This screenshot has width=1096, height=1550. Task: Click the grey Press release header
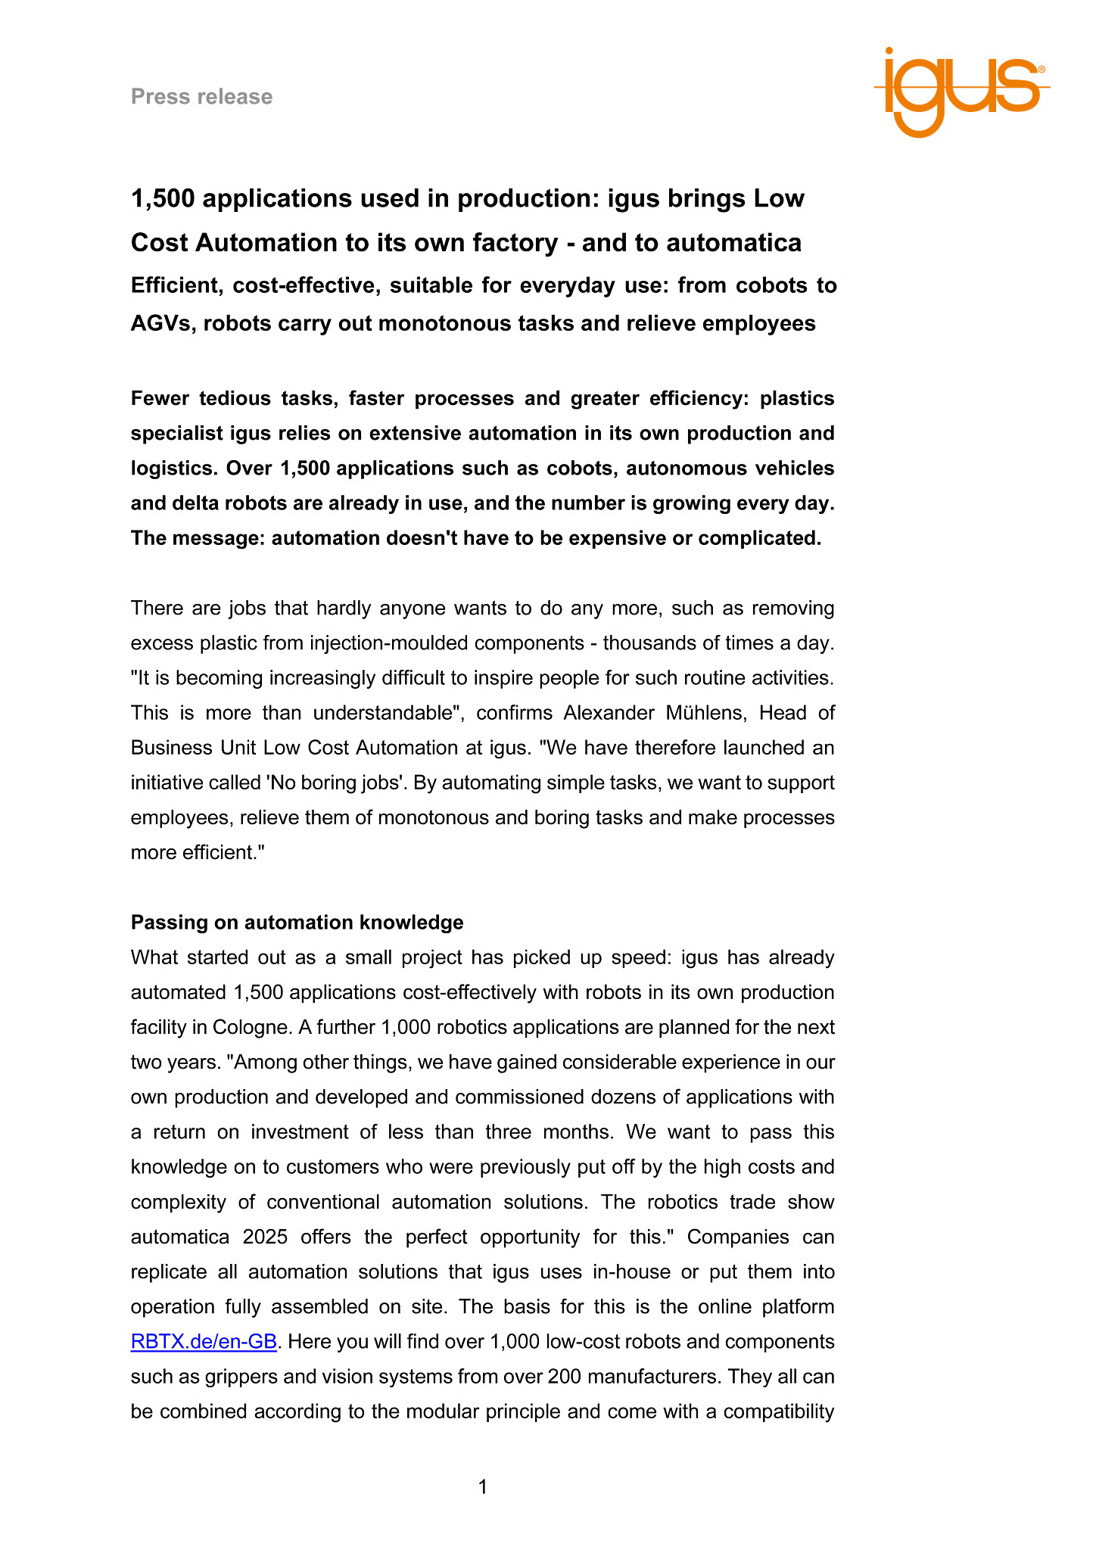pyautogui.click(x=201, y=97)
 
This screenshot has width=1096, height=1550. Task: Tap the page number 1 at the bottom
pyautogui.click(x=483, y=1487)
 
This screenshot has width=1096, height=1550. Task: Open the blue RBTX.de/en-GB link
pyautogui.click(x=204, y=1342)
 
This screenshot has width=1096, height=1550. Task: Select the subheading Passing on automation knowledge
pyautogui.click(x=297, y=923)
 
